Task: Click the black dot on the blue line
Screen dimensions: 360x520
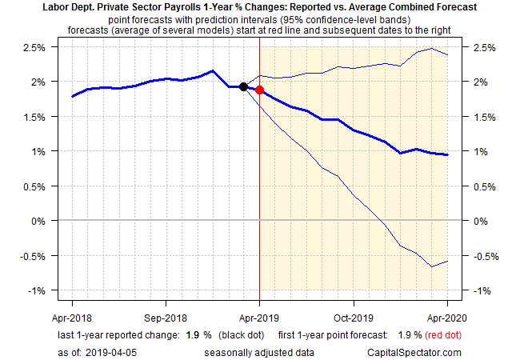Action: coord(243,86)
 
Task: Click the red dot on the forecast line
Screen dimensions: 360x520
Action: coord(259,90)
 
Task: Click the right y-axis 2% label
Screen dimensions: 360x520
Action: coord(482,82)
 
